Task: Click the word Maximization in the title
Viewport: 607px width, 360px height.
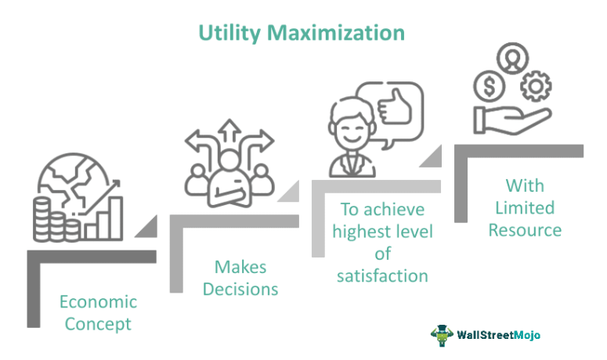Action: click(337, 33)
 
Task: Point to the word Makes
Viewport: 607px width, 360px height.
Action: click(240, 267)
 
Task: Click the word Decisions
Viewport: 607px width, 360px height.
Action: click(240, 288)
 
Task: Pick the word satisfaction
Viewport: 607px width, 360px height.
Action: click(382, 275)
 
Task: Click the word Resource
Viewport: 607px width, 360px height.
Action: click(523, 230)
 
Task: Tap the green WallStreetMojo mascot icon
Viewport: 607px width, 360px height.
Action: click(442, 335)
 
